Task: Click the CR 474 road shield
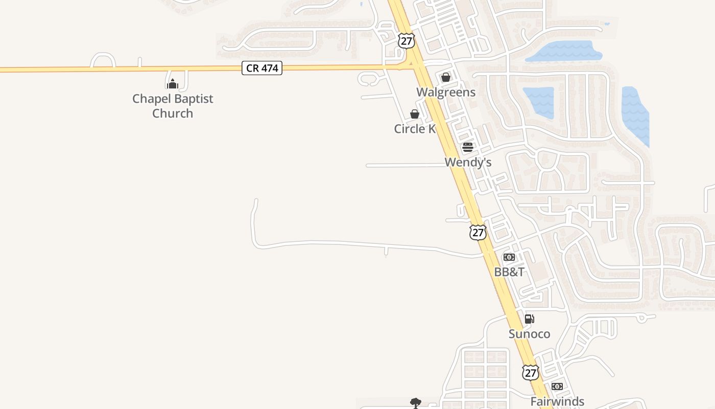(x=262, y=68)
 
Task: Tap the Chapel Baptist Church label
(x=173, y=106)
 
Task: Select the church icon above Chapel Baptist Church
(x=173, y=83)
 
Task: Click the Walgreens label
(x=446, y=92)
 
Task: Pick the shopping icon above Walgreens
(x=446, y=77)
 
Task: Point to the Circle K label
(x=415, y=129)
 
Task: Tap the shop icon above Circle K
(x=415, y=114)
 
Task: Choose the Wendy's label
(x=468, y=162)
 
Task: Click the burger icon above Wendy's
(x=468, y=148)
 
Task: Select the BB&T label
(x=509, y=272)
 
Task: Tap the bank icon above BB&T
(x=509, y=257)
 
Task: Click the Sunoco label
(x=530, y=334)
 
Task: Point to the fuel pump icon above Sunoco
(x=530, y=319)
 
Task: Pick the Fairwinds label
(x=557, y=401)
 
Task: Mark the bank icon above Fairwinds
(x=557, y=387)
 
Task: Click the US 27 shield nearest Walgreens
(x=407, y=41)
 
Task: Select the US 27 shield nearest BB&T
(x=478, y=233)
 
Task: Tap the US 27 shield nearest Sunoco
(x=531, y=372)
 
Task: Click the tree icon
(x=416, y=403)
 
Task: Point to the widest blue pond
(x=563, y=52)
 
